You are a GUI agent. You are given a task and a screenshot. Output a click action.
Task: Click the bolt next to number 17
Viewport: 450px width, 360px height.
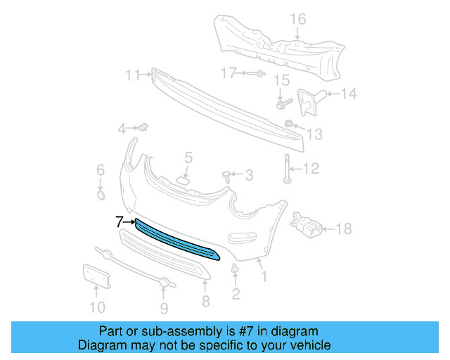pyautogui.click(x=255, y=73)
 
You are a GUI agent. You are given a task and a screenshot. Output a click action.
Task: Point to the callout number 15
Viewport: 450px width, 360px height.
pyautogui.click(x=281, y=81)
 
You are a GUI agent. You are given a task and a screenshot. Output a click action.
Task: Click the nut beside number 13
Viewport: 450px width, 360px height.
pyautogui.click(x=289, y=124)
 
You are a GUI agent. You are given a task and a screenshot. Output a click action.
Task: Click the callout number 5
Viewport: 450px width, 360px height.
pyautogui.click(x=188, y=157)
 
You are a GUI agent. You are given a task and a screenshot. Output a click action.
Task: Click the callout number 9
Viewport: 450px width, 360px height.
pyautogui.click(x=163, y=307)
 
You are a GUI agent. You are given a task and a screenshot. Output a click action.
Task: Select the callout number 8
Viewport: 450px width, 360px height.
pyautogui.click(x=206, y=302)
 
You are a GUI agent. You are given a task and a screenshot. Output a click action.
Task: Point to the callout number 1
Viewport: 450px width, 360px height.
pyautogui.click(x=264, y=278)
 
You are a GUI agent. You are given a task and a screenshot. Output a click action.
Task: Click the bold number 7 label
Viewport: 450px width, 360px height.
pyautogui.click(x=119, y=222)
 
